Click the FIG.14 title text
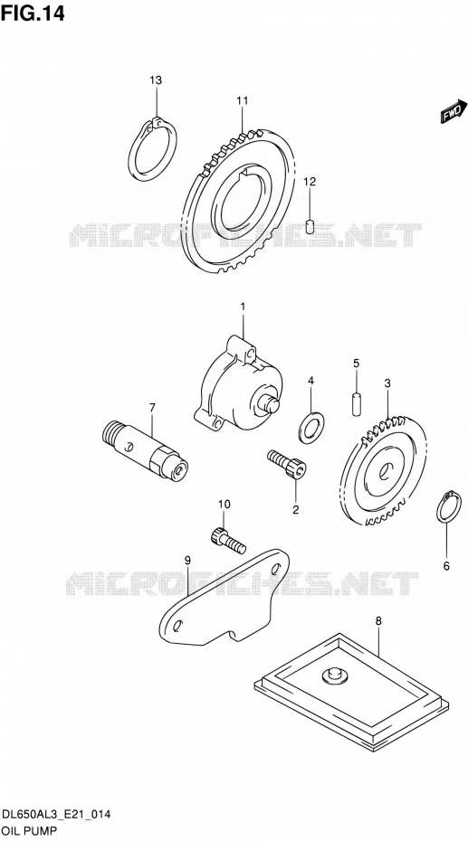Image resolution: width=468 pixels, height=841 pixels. click(x=33, y=13)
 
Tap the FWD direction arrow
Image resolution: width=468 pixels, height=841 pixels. click(x=454, y=111)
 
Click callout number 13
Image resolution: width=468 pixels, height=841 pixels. click(x=155, y=80)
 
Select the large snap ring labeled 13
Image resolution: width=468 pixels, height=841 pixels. click(x=152, y=149)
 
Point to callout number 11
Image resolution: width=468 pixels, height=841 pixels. click(x=242, y=100)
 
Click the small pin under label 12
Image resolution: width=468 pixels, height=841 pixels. click(x=310, y=226)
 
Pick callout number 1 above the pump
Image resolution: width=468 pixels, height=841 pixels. click(x=243, y=307)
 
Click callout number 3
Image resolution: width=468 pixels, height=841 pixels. click(x=387, y=383)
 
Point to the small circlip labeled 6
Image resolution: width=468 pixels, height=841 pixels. click(x=449, y=506)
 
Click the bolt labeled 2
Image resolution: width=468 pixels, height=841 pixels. click(x=287, y=463)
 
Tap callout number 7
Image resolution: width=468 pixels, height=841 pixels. click(x=152, y=408)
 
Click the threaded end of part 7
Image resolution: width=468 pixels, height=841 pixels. click(x=110, y=430)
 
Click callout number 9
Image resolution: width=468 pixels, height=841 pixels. click(x=188, y=561)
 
